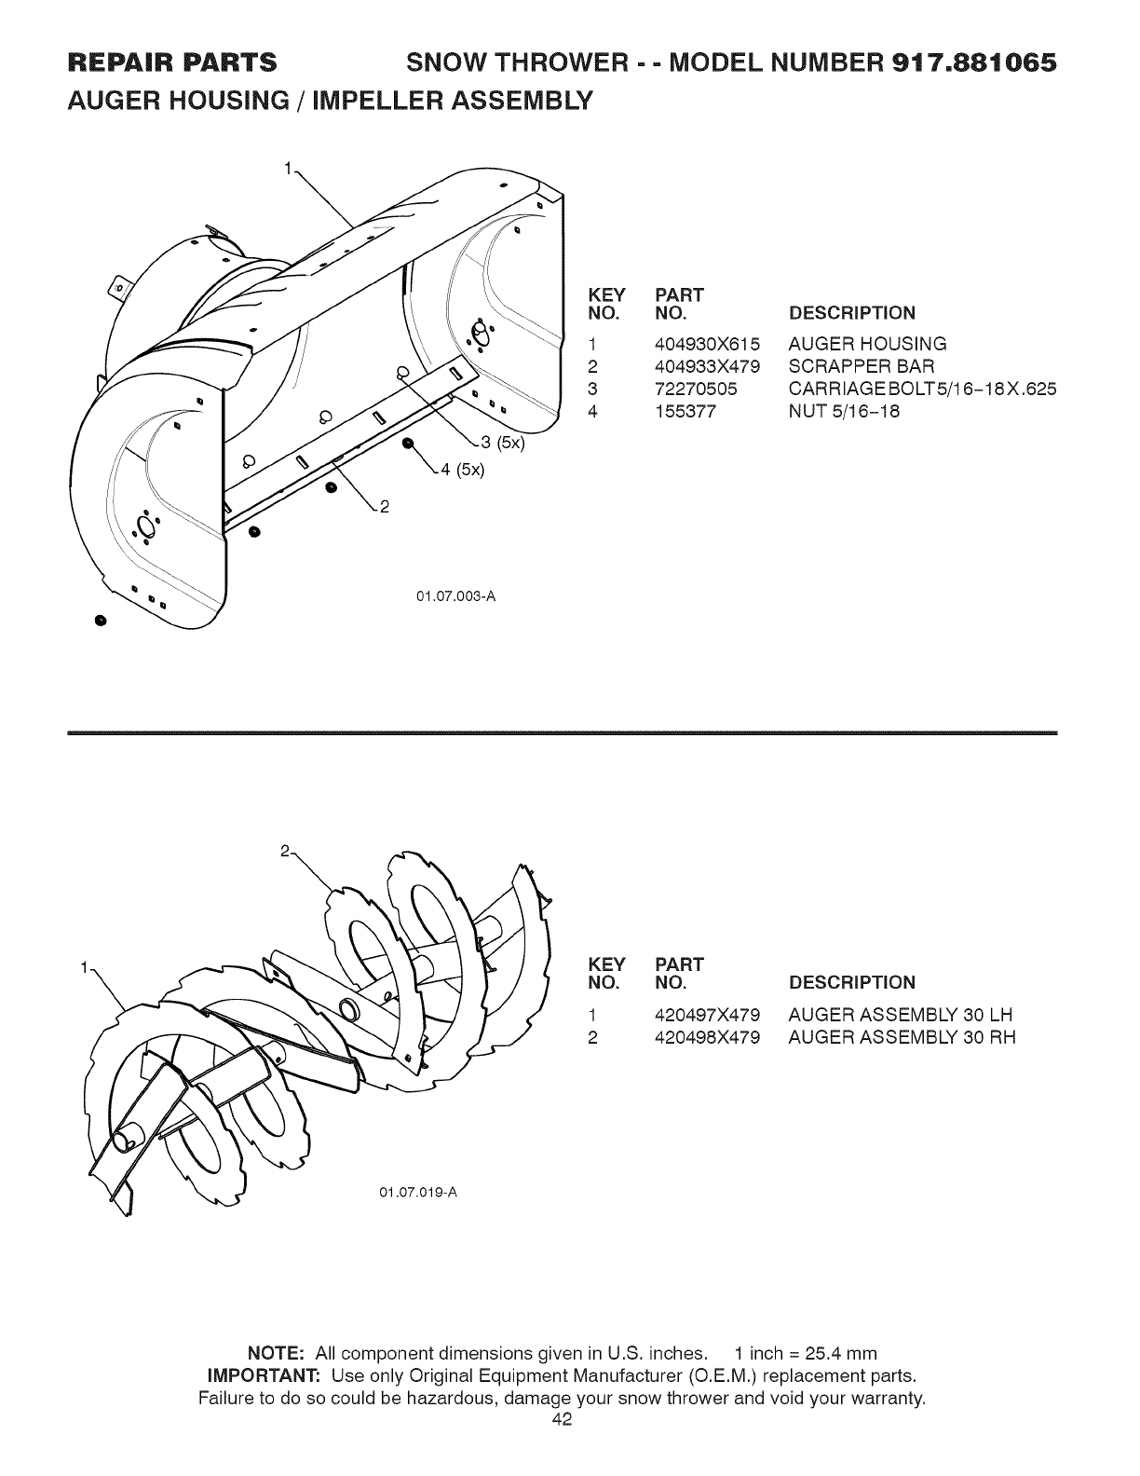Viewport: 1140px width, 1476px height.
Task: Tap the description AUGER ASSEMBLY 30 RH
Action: (x=901, y=1037)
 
